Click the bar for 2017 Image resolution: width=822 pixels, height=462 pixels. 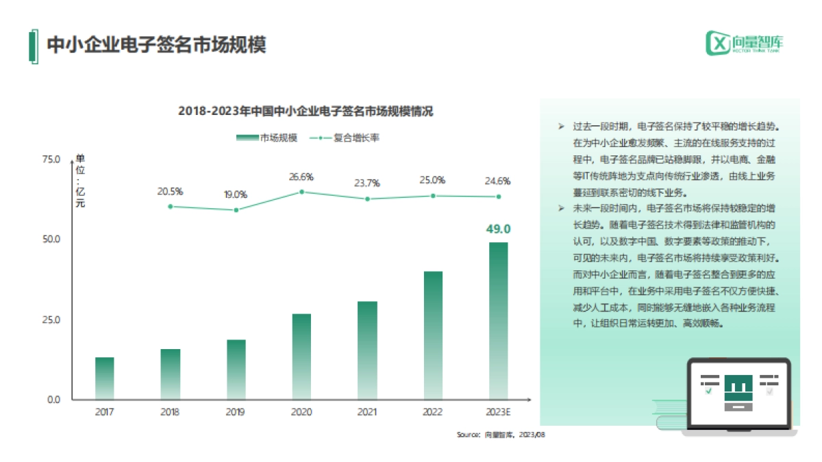pos(105,378)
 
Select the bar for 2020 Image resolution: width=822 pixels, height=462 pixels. pos(301,357)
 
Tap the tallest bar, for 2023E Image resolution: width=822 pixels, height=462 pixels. pos(498,320)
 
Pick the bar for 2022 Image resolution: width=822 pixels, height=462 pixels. pos(433,335)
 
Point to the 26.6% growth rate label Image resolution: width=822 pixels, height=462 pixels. pos(301,177)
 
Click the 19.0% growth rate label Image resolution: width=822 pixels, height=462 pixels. pos(236,194)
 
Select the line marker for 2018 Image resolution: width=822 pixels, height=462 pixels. pos(171,206)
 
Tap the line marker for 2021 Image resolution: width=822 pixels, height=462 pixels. pos(367,199)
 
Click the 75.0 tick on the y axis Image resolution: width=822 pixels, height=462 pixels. pos(52,159)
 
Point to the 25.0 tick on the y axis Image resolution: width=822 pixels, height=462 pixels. pos(52,320)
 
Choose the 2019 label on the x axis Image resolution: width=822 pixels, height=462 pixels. pos(236,412)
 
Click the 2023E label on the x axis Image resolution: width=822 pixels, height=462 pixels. pos(498,412)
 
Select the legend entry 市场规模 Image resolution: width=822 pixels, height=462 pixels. pos(266,138)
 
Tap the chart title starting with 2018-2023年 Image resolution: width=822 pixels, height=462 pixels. pos(306,111)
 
